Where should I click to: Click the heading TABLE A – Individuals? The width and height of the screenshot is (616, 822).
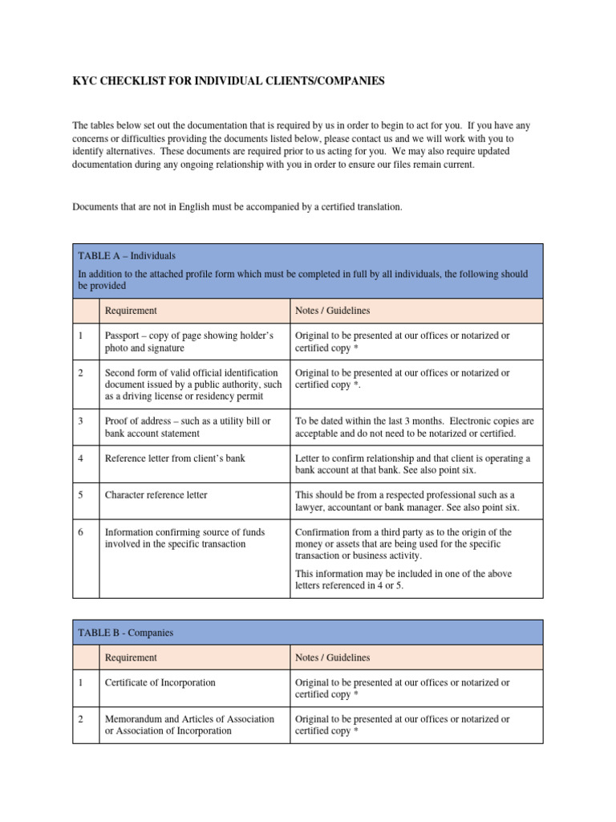pyautogui.click(x=127, y=255)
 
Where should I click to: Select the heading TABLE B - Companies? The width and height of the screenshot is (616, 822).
pyautogui.click(x=125, y=633)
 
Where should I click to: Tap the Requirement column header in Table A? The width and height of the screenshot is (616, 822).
pyautogui.click(x=131, y=311)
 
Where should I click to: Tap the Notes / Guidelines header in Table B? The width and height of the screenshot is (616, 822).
pyautogui.click(x=332, y=657)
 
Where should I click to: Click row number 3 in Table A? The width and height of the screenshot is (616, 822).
pyautogui.click(x=81, y=421)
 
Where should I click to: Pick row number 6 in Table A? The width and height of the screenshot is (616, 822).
pyautogui.click(x=81, y=532)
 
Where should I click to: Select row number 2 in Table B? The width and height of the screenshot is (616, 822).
pyautogui.click(x=81, y=719)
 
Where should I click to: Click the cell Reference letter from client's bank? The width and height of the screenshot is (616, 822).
pyautogui.click(x=175, y=458)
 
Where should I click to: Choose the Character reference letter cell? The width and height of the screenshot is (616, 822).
pyautogui.click(x=156, y=495)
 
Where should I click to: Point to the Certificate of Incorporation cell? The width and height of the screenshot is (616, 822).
pyautogui.click(x=160, y=682)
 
